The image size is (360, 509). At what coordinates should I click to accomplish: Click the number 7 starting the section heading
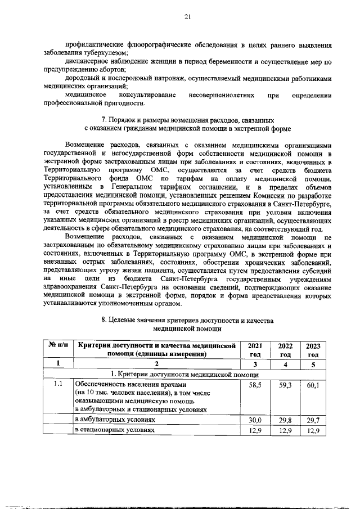tap(103, 120)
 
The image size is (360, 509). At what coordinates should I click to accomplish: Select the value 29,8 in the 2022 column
tap(284, 420)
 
